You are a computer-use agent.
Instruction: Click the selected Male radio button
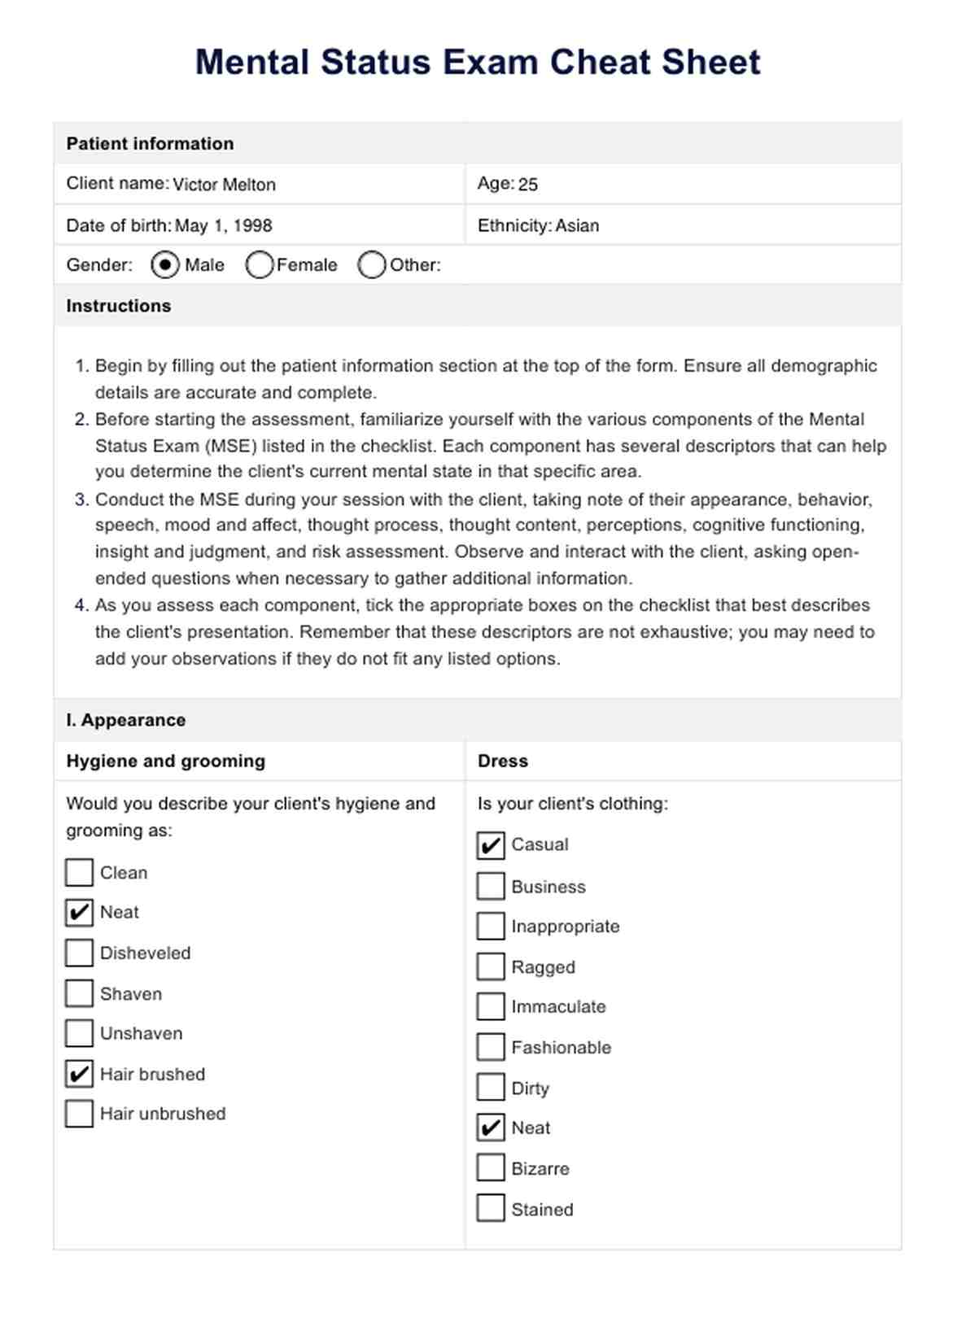(x=165, y=265)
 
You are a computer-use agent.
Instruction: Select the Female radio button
(x=260, y=265)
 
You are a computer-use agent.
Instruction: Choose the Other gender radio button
(x=372, y=265)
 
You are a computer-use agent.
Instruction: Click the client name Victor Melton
(x=224, y=185)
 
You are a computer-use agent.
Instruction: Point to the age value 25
(x=528, y=185)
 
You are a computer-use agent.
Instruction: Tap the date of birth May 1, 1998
(x=223, y=225)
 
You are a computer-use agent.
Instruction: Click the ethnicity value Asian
(x=577, y=225)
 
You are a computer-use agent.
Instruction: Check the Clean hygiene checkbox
(x=79, y=873)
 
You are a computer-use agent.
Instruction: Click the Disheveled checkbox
(x=79, y=953)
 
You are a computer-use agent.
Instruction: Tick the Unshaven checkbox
(x=79, y=1033)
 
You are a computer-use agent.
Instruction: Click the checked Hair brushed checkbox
(x=79, y=1074)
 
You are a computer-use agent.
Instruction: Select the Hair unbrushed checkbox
(x=79, y=1114)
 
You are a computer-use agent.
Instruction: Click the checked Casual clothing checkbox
(x=491, y=845)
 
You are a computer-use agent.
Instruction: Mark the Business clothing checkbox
(x=491, y=887)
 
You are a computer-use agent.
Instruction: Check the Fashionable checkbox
(x=491, y=1047)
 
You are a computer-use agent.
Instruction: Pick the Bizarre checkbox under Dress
(x=491, y=1168)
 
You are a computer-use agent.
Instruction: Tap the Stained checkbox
(x=491, y=1209)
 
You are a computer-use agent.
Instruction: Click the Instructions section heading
(x=119, y=306)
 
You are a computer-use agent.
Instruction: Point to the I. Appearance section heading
(x=126, y=720)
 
